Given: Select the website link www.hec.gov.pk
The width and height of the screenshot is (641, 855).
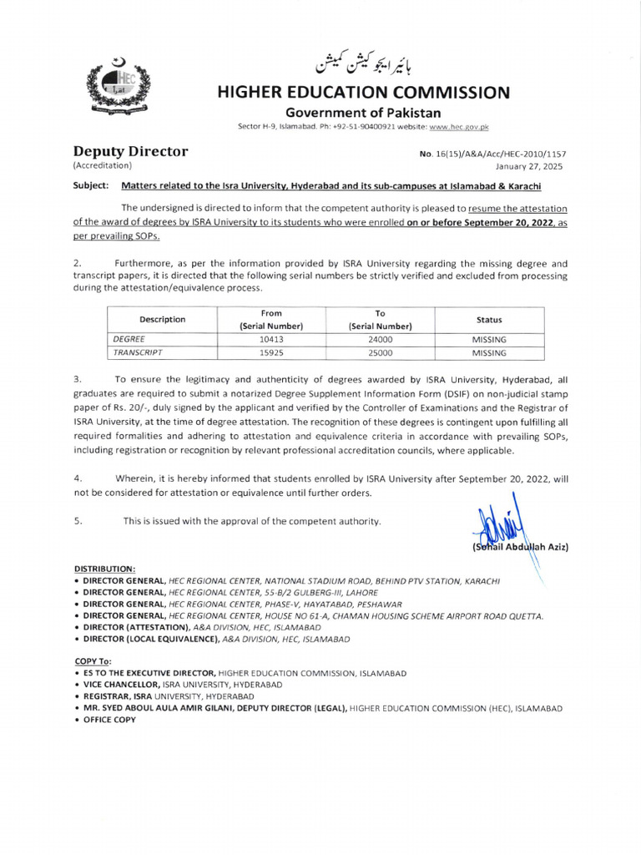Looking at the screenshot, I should (x=459, y=126).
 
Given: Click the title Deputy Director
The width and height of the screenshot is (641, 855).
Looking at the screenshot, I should (x=131, y=151).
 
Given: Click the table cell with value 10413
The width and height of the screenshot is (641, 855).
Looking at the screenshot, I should (x=270, y=340).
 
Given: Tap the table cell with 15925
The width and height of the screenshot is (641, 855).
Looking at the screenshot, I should (x=270, y=353).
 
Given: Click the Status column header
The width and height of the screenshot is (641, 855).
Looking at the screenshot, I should (x=489, y=320).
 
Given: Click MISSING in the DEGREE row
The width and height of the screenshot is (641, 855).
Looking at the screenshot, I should (x=489, y=340).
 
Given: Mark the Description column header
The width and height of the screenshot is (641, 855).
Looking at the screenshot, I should (x=162, y=320).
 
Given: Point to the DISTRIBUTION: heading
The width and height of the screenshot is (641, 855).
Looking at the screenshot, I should (x=105, y=567).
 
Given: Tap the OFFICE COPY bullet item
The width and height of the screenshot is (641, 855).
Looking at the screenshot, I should (x=108, y=720).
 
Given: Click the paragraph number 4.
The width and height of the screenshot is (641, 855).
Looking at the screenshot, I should (x=78, y=478).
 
